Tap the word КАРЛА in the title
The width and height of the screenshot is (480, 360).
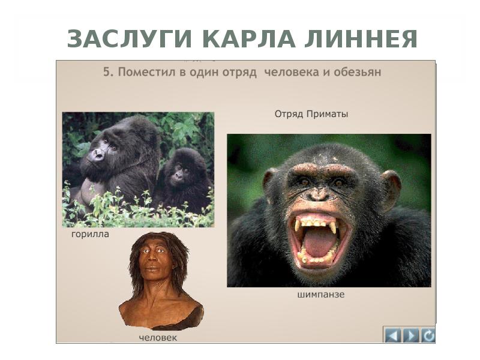click(247, 39)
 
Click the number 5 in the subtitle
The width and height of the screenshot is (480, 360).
click(106, 72)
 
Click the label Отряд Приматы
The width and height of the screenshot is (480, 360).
click(311, 113)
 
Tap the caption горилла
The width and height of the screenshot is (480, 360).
click(90, 234)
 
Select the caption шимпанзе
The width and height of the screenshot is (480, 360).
click(320, 295)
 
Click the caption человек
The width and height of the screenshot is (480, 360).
click(158, 338)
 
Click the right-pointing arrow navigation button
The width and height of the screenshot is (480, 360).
click(410, 335)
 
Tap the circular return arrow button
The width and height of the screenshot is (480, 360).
click(428, 335)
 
